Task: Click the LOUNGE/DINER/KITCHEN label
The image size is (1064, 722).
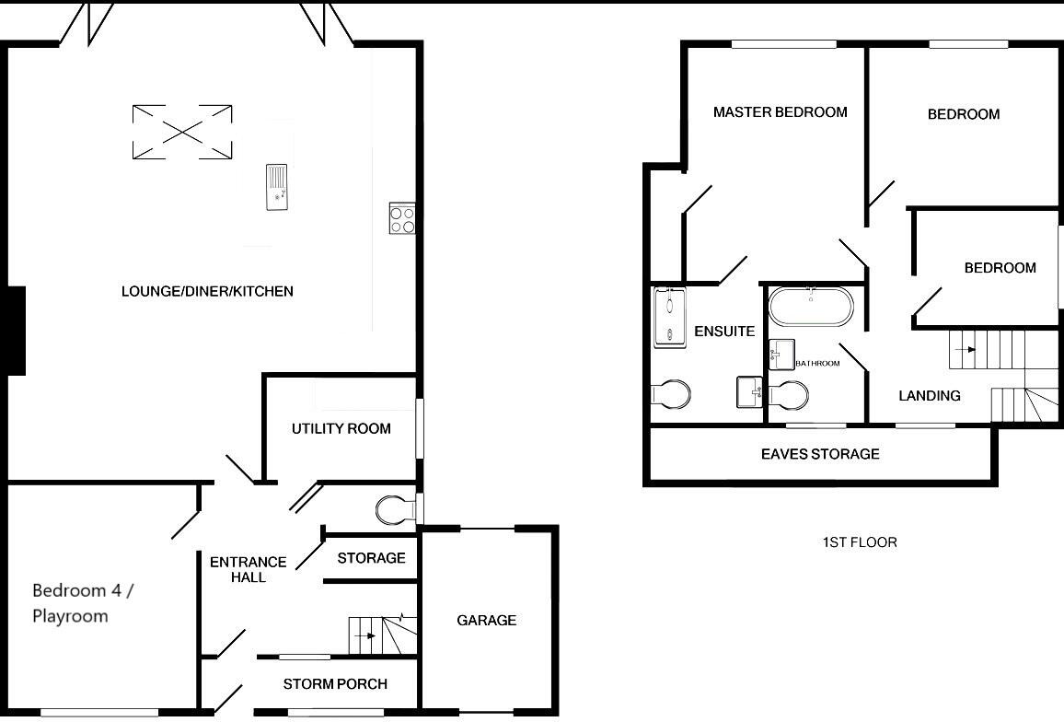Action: [207, 291]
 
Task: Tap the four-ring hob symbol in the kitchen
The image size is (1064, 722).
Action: [402, 218]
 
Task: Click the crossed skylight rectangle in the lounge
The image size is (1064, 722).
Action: [182, 132]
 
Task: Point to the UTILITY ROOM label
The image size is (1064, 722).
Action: [341, 428]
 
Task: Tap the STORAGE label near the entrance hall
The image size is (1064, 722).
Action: [371, 558]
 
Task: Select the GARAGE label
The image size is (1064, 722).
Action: [486, 620]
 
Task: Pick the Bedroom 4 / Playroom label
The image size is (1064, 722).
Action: [83, 603]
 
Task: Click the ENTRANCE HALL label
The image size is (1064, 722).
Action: [248, 569]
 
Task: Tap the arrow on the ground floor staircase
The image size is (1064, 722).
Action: [367, 635]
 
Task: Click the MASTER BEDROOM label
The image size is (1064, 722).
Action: [780, 112]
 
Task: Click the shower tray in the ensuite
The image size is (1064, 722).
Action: [670, 317]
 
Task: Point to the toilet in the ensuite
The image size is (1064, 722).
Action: [673, 395]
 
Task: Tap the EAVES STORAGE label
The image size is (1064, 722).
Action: [819, 454]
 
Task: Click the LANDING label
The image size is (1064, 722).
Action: [929, 395]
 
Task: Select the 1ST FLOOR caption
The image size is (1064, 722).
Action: [859, 541]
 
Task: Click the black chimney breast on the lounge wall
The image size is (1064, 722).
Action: [16, 330]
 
